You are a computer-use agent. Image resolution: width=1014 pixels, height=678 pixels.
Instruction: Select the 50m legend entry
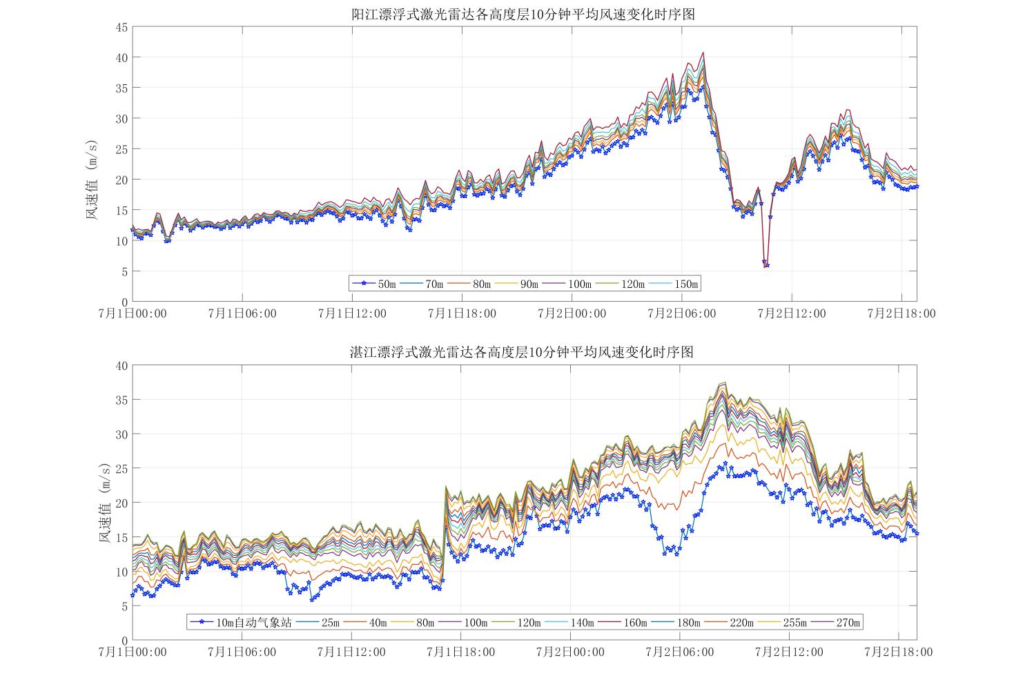click(x=376, y=284)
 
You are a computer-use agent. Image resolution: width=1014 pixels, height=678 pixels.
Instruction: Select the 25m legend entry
click(x=322, y=623)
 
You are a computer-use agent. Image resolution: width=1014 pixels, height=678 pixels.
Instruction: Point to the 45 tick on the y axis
click(x=121, y=27)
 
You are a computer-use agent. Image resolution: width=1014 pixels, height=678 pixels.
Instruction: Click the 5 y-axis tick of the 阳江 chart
click(x=124, y=272)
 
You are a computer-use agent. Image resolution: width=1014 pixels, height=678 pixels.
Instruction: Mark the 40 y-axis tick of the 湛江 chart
click(x=121, y=366)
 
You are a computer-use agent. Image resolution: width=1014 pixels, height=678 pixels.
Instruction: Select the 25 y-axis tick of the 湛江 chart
click(x=121, y=469)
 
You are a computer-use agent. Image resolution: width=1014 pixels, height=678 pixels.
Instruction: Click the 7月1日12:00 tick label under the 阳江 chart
click(x=352, y=313)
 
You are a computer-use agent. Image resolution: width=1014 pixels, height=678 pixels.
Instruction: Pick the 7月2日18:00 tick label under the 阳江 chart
click(x=901, y=313)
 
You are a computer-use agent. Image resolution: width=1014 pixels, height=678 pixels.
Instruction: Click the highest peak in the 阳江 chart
click(x=703, y=52)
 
